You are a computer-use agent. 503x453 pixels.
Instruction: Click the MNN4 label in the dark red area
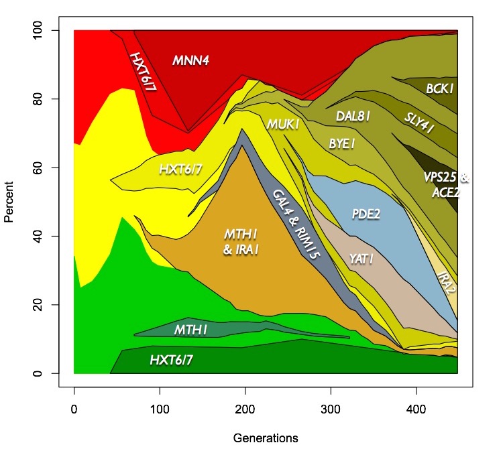tap(191, 60)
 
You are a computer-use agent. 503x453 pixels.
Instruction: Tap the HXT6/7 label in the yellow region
tap(181, 169)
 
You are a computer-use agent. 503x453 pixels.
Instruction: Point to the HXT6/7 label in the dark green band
tap(171, 361)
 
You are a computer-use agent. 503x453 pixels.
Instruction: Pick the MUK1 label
tap(282, 125)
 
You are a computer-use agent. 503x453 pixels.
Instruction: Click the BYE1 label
tap(342, 143)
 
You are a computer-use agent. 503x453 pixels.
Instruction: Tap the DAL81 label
tap(353, 116)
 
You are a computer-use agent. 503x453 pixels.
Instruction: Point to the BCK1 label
tap(441, 88)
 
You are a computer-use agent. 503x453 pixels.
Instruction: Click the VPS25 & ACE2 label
tap(446, 186)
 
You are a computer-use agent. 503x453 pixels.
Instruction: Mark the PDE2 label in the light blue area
tap(367, 214)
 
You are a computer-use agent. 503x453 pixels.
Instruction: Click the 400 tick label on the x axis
tap(416, 391)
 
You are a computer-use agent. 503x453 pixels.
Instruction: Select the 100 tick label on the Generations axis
tap(159, 391)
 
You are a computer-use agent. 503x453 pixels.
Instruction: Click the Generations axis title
tap(266, 438)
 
